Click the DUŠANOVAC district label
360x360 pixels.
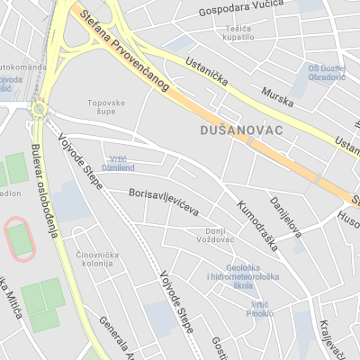(238, 130)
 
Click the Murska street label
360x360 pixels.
(277, 97)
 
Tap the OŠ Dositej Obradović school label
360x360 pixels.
(327, 71)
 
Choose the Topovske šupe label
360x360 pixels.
(105, 107)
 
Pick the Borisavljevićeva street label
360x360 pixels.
(164, 201)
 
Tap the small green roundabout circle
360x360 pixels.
(38, 110)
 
